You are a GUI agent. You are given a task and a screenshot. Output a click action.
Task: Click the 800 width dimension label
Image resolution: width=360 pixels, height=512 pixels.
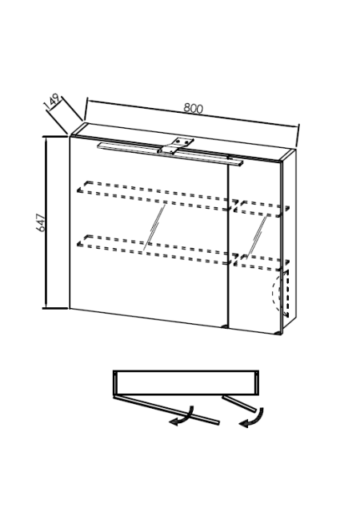[193, 108]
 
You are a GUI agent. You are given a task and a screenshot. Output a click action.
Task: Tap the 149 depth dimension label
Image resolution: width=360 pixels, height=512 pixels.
[52, 102]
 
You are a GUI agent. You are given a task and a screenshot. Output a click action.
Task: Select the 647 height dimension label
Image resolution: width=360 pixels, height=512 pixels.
[41, 222]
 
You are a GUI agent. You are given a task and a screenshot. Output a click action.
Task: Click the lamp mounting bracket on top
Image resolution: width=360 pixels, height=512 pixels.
[176, 146]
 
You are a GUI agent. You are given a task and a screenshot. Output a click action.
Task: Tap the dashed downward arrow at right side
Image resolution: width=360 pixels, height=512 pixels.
[286, 294]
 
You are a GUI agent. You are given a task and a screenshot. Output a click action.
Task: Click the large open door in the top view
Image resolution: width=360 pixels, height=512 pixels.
[166, 410]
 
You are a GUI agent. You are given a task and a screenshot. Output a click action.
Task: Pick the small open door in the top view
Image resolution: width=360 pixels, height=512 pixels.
[239, 404]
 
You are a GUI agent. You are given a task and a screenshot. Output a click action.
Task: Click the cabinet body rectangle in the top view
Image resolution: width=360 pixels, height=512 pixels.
[186, 382]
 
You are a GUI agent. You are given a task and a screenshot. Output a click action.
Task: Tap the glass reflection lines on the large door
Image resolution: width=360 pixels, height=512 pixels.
[154, 227]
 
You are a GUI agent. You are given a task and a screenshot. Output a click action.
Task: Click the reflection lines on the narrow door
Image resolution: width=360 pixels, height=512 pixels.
[257, 236]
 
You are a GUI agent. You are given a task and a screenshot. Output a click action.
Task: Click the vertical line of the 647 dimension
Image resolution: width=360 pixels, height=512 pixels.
[46, 222]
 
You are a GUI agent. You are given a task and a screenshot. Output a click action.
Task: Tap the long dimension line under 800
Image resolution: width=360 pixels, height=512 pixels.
[193, 112]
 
